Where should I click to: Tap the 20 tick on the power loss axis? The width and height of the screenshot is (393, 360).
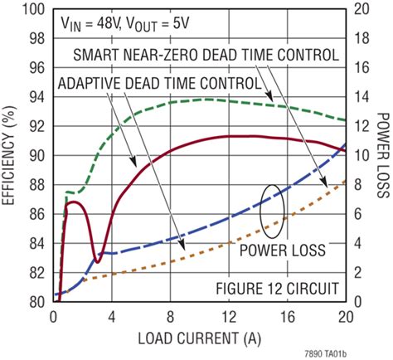[x=361, y=9]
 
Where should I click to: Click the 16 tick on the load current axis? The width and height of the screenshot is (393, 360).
[x=287, y=316]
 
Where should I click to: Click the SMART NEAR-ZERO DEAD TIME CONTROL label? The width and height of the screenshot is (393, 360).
[x=206, y=56]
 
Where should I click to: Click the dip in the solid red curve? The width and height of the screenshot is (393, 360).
[x=97, y=261]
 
